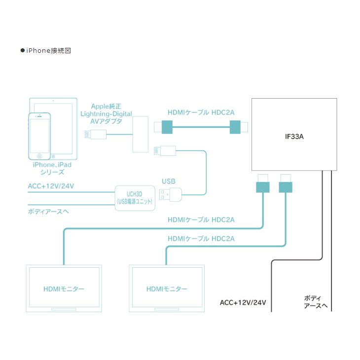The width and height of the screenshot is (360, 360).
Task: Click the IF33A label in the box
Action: [x=294, y=134]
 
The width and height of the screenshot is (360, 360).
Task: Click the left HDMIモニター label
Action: [x=64, y=289]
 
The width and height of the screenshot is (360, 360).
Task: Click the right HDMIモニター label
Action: [x=167, y=289]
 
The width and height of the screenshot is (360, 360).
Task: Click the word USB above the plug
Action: [x=169, y=181]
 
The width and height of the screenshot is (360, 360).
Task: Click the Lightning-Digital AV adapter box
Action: [x=140, y=135]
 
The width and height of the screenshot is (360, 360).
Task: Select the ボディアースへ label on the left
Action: [x=48, y=212]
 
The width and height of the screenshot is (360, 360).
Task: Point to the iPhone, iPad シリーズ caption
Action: [x=49, y=168]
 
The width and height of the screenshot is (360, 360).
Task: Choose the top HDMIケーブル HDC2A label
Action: [x=201, y=112]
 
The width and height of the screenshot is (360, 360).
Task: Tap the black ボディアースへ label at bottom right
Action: [x=314, y=302]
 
